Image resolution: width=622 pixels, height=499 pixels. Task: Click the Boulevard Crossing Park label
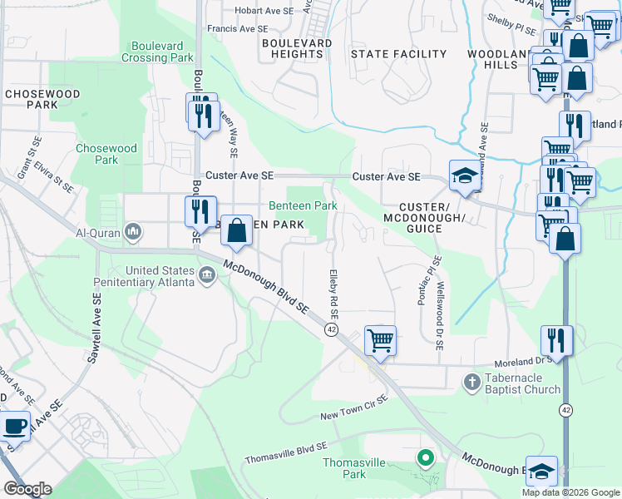pos(157,52)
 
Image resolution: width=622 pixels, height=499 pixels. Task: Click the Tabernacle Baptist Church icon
pos(471,382)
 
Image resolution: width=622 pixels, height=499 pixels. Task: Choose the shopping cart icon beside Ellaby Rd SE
pos(380,339)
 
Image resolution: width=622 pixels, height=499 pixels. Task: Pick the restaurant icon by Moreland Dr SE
pos(555,339)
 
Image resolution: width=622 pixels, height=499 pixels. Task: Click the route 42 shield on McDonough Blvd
pos(331,330)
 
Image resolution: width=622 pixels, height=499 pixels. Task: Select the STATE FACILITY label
pos(398,54)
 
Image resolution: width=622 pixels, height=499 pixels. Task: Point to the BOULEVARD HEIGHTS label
pos(297,48)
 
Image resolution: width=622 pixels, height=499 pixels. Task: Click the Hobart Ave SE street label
pos(264,11)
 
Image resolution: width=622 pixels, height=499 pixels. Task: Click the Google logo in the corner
pos(27,489)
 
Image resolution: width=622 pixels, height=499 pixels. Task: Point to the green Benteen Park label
pos(302,205)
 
